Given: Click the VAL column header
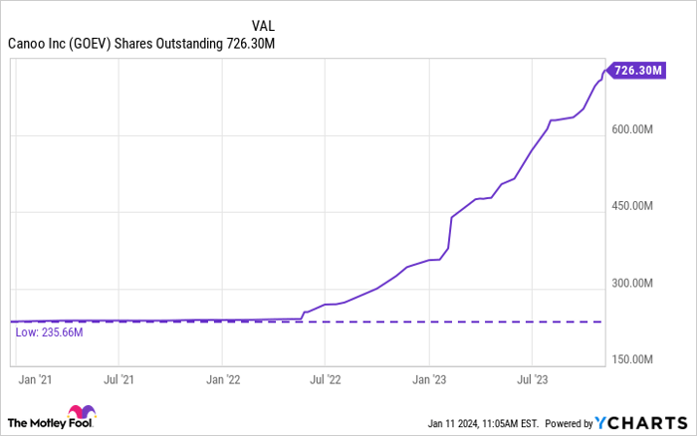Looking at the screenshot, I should (x=264, y=25).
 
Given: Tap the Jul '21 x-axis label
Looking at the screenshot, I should (x=119, y=379).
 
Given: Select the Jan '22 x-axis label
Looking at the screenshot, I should (x=223, y=379).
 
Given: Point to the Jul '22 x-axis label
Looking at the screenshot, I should (x=326, y=379).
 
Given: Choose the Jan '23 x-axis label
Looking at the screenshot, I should (x=429, y=379).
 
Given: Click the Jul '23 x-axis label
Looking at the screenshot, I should (x=532, y=379).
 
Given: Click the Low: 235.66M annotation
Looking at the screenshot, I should (x=49, y=332).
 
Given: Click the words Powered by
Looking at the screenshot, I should (x=567, y=421).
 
